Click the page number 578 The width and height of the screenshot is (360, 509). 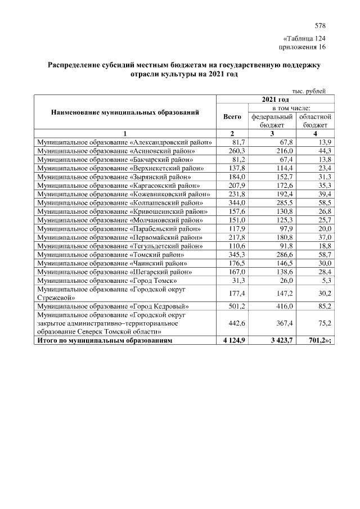(320, 26)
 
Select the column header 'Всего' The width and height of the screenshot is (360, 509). (232, 117)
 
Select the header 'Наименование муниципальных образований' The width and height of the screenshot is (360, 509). (125, 112)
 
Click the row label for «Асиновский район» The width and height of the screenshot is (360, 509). (116, 151)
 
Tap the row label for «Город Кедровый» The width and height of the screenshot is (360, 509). (112, 307)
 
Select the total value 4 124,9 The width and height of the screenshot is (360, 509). (232, 341)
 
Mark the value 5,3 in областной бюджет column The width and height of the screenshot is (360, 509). (325, 281)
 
